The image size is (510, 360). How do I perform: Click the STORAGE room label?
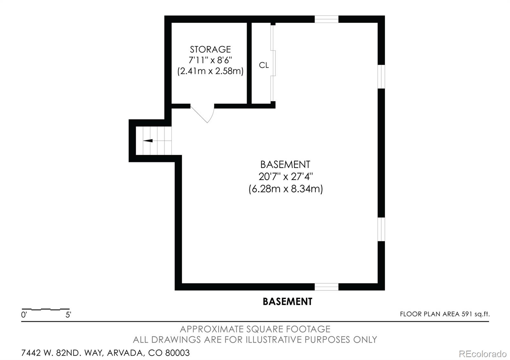[x=210, y=49]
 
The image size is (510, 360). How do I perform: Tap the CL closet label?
[x=264, y=65]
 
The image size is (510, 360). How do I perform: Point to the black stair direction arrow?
[x=148, y=140]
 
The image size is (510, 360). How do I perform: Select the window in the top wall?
[x=326, y=19]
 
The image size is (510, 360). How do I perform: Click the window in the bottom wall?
[x=326, y=287]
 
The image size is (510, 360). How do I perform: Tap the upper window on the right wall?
[x=381, y=77]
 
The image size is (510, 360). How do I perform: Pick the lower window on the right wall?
[x=381, y=229]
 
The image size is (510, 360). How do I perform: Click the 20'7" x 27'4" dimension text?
[x=286, y=176]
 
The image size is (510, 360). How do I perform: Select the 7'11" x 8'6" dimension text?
[x=210, y=60]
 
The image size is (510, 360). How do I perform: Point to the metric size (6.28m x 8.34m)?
[x=286, y=189]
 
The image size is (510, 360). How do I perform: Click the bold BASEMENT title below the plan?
[x=287, y=301]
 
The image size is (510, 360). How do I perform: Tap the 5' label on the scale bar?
[x=68, y=315]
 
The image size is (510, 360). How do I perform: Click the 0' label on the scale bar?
[x=24, y=315]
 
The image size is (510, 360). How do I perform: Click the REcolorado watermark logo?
[x=483, y=354]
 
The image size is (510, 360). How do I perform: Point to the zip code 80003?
[x=177, y=353]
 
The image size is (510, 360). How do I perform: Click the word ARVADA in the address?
[x=125, y=353]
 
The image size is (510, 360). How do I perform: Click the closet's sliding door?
[x=273, y=63]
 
